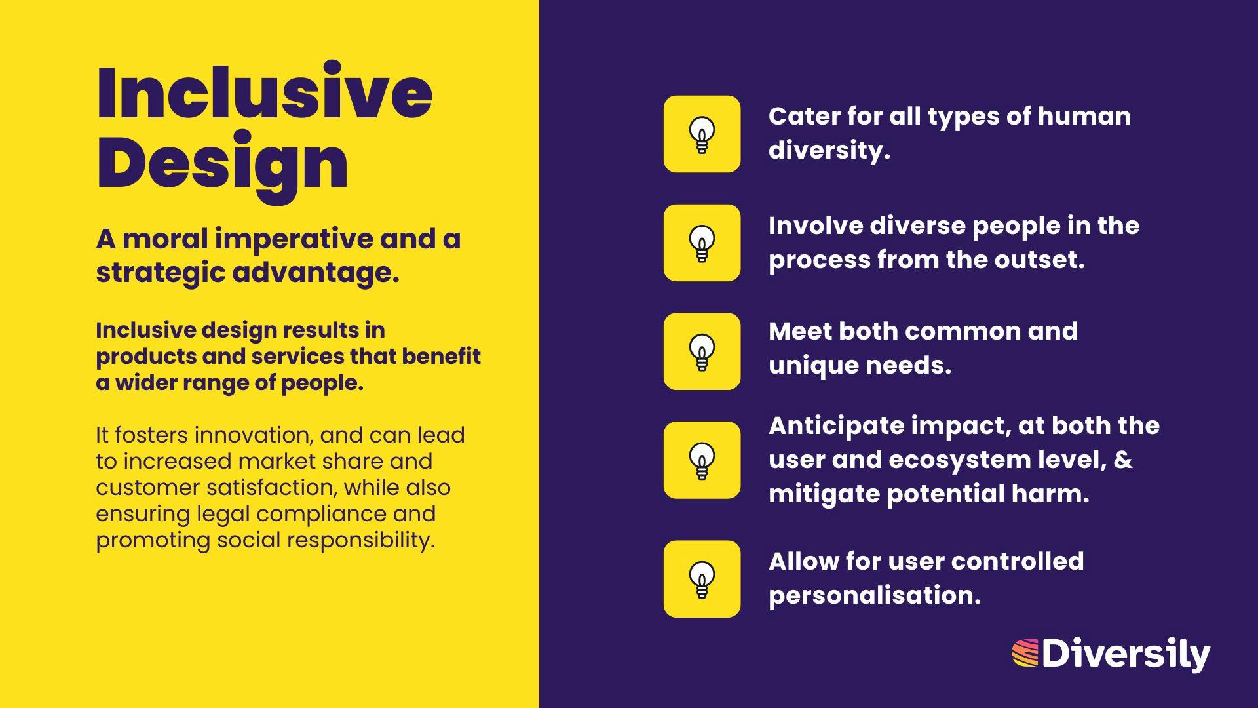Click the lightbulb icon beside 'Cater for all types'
pos(702,134)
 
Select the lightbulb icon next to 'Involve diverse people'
pos(702,243)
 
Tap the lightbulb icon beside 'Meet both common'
pos(702,352)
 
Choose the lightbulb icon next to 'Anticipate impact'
pos(702,460)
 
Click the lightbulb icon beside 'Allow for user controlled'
pos(702,579)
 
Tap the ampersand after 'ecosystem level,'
pos(1123,460)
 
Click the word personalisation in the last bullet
pos(875,596)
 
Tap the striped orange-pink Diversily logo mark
pos(1025,654)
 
